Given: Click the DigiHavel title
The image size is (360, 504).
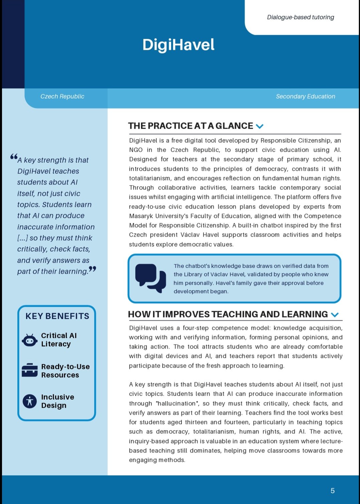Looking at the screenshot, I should point(178,45).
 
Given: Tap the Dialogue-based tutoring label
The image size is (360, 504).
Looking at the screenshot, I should point(300,17).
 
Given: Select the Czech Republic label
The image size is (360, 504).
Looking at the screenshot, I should point(62,97).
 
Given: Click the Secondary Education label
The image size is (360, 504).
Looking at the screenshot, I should point(305,97).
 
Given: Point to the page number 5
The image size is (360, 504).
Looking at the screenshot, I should point(332,491).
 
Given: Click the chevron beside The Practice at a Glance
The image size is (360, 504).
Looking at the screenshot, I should point(259,126).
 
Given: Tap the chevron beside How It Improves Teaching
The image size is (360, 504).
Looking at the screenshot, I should point(335,314).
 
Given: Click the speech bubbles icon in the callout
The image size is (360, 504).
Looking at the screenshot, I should point(150,278).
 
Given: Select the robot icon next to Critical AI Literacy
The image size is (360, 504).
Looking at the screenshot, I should point(30,340).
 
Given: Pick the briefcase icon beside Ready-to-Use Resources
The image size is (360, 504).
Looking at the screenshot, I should point(30,370).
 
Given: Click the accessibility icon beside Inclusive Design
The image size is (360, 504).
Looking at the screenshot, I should point(30,401).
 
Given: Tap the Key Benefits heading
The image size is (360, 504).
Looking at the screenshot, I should point(57,316).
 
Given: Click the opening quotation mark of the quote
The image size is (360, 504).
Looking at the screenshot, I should point(14,156).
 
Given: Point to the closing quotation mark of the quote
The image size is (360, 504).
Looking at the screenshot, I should point(93,269).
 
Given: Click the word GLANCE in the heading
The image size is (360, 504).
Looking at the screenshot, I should point(234,126).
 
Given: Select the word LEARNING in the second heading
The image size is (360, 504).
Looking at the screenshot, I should point(305,314).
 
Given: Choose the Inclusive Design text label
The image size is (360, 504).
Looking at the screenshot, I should point(57,401).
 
